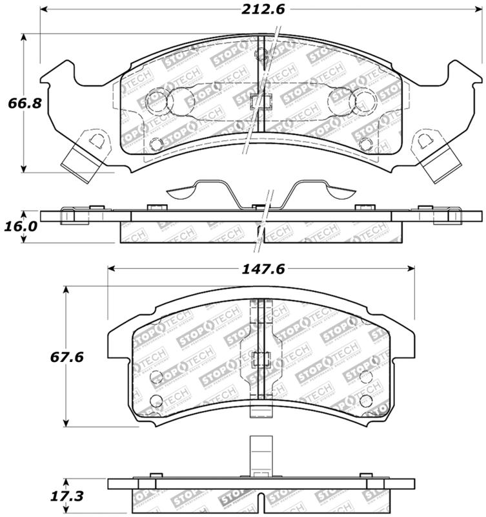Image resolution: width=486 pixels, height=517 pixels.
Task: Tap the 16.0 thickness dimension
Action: click(x=19, y=227)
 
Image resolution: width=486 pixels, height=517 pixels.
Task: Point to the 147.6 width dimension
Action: click(x=261, y=268)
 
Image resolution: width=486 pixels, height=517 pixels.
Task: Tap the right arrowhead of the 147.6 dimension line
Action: click(x=411, y=268)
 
